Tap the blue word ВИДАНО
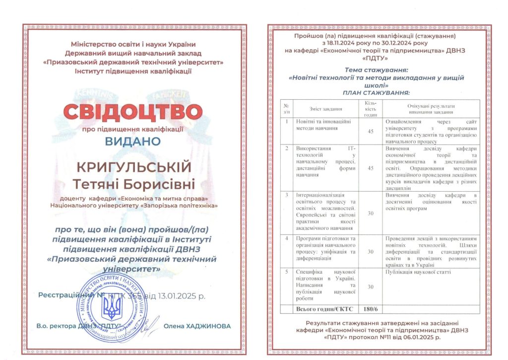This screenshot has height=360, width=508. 132,141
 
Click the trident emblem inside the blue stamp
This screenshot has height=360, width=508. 111,308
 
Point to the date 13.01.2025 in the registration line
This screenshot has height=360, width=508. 177,296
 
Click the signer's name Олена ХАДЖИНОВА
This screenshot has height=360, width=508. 197,326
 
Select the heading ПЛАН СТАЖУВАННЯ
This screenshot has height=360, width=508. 376,93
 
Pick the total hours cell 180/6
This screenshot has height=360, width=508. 371,309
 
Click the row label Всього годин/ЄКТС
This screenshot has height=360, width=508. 318,309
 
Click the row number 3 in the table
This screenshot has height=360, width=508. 286,195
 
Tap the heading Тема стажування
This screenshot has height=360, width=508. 375,70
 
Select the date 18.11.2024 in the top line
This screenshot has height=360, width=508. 319,43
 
